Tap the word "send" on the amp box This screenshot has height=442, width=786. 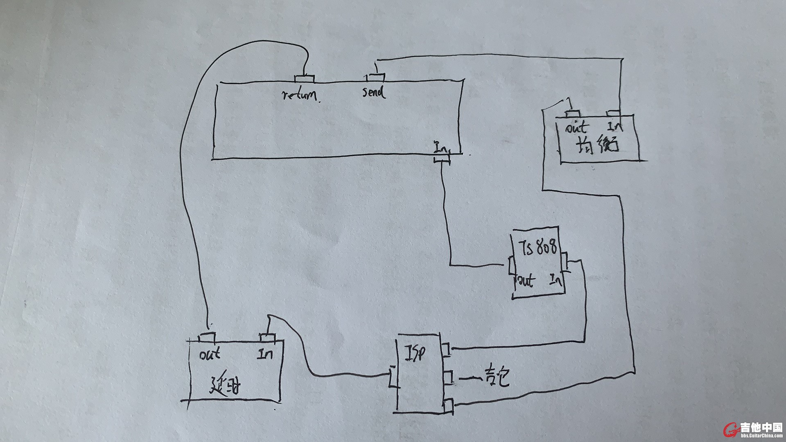tap(373, 92)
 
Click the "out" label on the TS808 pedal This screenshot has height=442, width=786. tap(526, 281)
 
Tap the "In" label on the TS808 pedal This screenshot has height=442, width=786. tap(556, 280)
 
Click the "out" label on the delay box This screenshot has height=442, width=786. tap(210, 354)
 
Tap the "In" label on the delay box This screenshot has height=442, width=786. tap(265, 353)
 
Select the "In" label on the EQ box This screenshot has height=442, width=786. tap(615, 126)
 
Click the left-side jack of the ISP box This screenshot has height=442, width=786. tap(393, 377)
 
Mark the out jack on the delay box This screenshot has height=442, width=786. tap(207, 338)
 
